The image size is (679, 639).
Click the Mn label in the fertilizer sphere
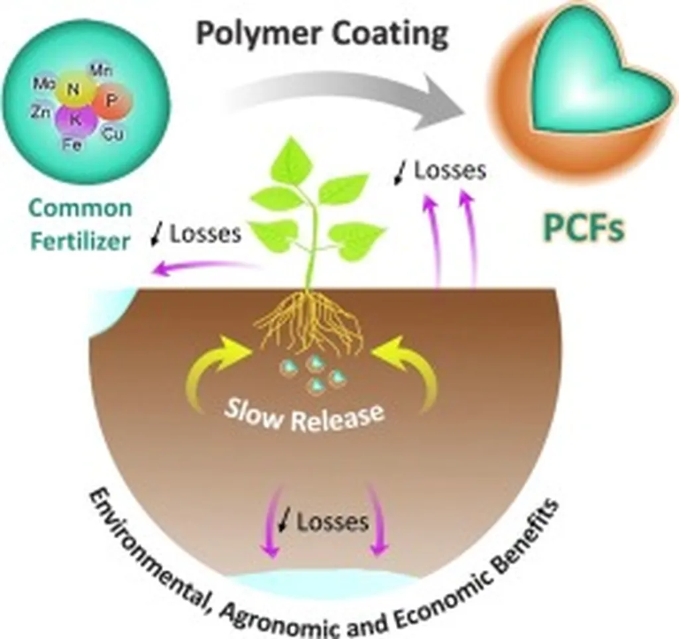click(x=101, y=71)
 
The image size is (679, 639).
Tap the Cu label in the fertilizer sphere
click(x=111, y=135)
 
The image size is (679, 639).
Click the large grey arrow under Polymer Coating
click(x=345, y=99)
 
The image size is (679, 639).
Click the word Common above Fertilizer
click(x=81, y=209)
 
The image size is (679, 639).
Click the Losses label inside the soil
click(x=332, y=522)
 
